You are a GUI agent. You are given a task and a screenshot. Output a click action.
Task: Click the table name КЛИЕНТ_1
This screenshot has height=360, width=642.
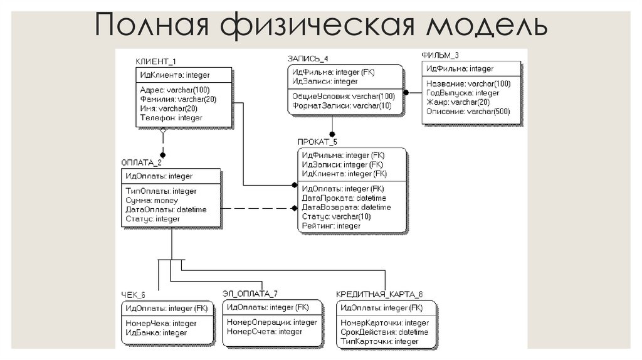[155, 61]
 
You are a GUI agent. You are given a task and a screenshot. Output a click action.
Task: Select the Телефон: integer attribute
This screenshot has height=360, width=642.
[171, 117]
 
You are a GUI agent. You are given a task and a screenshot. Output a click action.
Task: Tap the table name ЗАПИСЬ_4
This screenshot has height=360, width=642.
[308, 58]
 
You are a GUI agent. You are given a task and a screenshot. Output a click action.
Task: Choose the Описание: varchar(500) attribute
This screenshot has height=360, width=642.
[468, 112]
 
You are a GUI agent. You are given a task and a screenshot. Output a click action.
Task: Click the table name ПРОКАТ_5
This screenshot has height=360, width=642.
[317, 142]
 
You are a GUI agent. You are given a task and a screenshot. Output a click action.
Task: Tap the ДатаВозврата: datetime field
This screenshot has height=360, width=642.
[346, 207]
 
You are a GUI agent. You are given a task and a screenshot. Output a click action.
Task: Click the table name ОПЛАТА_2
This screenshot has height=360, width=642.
[141, 162]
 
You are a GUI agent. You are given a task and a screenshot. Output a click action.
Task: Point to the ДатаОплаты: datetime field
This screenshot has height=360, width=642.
[166, 209]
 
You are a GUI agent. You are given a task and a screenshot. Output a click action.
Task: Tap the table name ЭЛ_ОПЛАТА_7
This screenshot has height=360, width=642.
[250, 293]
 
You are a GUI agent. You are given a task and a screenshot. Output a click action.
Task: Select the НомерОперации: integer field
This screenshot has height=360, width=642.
[272, 322]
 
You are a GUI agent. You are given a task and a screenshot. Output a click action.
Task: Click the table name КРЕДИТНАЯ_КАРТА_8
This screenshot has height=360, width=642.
[379, 294]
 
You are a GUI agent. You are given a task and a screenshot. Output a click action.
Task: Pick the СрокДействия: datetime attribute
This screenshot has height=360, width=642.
[384, 332]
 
